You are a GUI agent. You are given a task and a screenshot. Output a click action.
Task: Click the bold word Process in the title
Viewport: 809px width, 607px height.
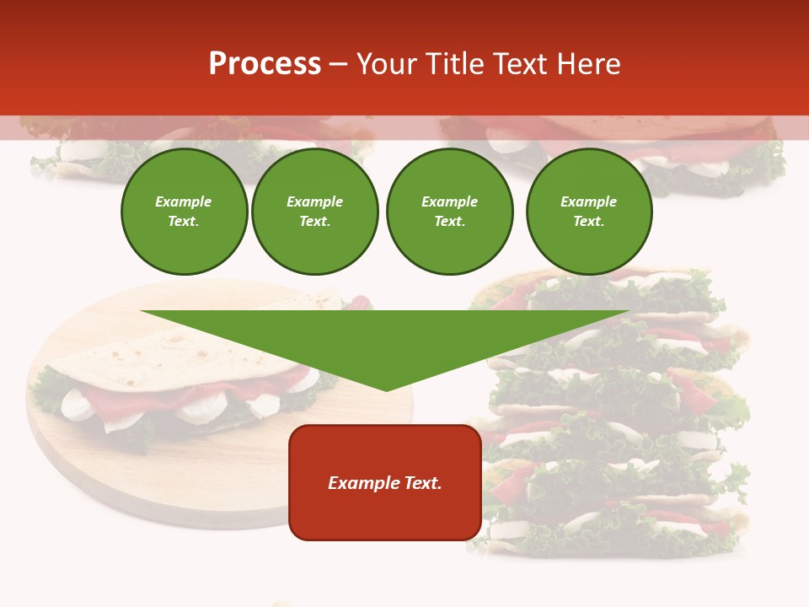265,64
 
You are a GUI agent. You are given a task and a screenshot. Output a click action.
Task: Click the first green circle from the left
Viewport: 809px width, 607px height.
184,212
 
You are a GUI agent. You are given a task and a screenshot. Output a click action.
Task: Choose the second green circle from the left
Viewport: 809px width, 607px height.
315,212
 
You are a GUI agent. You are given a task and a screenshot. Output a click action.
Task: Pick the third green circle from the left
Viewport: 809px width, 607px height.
449,212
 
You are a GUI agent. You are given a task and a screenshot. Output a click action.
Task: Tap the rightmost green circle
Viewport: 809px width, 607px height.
589,212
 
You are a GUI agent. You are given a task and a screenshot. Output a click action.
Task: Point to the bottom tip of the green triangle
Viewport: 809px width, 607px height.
386,389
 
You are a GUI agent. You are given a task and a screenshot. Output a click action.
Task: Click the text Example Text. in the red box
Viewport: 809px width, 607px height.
385,483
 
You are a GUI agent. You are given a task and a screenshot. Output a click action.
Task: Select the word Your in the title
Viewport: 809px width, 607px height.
386,64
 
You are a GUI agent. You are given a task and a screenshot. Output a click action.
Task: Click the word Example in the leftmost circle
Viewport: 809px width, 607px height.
184,201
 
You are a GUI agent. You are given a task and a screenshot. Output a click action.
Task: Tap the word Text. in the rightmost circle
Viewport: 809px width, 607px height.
589,222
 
